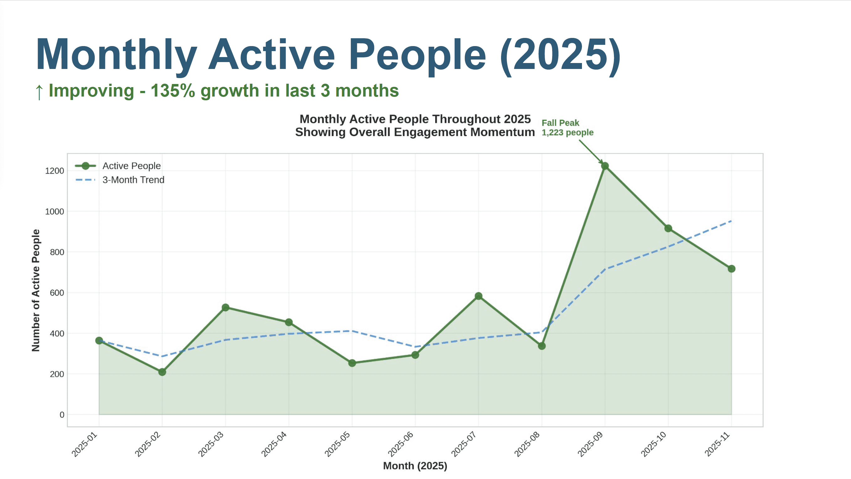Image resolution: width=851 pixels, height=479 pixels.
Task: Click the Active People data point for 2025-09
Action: point(605,166)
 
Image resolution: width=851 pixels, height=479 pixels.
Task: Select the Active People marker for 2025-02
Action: point(162,372)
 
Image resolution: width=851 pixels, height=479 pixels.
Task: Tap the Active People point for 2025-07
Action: point(478,296)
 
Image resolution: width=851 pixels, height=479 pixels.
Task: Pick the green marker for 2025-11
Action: point(732,269)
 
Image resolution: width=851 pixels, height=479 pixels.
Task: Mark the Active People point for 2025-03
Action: point(225,308)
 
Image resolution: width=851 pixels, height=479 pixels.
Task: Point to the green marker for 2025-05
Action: point(352,363)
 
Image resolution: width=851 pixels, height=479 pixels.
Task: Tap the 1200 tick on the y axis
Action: point(55,171)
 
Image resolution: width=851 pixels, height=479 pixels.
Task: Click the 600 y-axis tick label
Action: point(57,293)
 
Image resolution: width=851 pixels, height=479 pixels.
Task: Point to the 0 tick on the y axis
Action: point(62,415)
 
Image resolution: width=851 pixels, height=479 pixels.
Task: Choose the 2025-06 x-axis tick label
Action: point(401,445)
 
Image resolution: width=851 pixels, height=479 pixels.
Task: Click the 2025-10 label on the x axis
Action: point(654,445)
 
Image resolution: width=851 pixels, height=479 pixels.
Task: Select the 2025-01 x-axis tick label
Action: point(85,445)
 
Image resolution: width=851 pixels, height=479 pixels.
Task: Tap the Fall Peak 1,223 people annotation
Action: point(567,128)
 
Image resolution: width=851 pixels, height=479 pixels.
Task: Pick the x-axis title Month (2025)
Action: point(415,466)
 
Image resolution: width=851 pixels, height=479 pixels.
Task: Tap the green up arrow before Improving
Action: point(39,92)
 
